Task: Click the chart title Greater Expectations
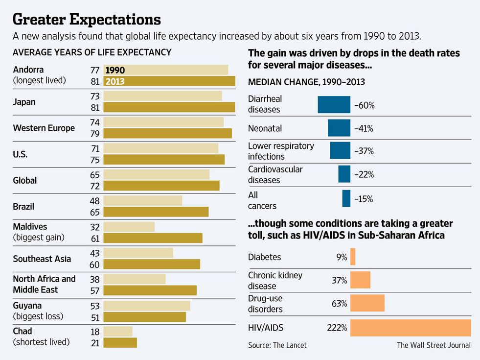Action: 87,19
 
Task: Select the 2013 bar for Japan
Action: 169,107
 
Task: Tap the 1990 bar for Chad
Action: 118,331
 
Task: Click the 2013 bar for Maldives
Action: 153,238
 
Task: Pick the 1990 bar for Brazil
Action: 143,201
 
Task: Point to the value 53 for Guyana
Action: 95,306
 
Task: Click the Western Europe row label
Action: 44,128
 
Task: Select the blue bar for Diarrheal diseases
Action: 334,105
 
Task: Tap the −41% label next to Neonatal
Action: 364,129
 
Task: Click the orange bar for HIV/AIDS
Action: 410,328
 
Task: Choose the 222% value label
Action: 337,328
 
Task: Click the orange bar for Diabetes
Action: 353,257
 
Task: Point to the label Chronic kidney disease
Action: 275,280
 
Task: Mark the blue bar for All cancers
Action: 346,199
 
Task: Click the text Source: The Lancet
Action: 277,345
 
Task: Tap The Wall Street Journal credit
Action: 434,345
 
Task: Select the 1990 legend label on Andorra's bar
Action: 115,70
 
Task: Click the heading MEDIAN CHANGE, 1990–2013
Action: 306,82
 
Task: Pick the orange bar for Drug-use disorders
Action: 367,303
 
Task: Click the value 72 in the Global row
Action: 95,186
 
